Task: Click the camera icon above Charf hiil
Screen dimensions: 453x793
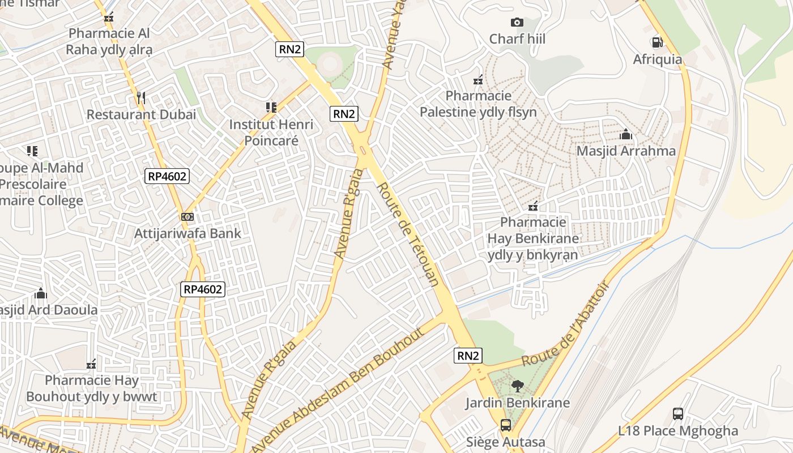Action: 517,23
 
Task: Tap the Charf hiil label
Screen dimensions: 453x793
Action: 517,39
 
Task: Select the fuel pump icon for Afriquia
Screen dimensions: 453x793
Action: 657,42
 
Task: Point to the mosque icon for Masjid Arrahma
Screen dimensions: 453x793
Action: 626,135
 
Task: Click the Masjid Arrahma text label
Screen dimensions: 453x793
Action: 626,151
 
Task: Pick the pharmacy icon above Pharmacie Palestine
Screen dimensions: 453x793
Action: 478,80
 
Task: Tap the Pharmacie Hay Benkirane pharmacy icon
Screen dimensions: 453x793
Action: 533,206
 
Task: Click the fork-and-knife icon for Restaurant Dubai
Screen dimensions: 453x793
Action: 141,98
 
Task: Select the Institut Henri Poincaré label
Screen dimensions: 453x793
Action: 271,132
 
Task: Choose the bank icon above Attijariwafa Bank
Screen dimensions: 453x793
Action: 187,217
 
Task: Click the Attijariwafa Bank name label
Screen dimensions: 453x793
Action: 187,233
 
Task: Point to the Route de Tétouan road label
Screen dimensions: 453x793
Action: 408,234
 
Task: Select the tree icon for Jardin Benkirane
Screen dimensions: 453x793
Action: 517,387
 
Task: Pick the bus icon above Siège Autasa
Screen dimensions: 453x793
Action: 505,425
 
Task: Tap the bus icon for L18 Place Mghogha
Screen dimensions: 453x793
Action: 678,414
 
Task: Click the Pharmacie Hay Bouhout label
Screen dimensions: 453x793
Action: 91,388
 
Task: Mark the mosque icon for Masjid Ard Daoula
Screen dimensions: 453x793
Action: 41,293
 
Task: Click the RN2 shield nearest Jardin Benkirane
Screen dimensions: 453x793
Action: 468,356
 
